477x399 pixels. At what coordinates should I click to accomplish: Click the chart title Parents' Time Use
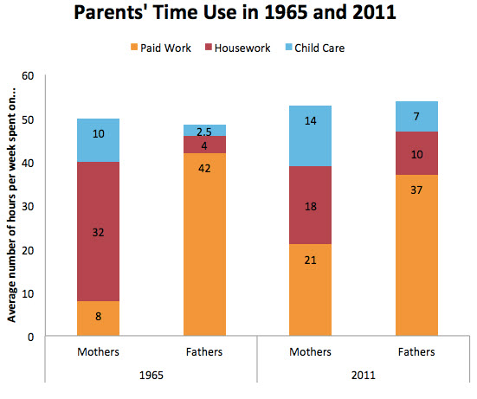coord(237,15)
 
